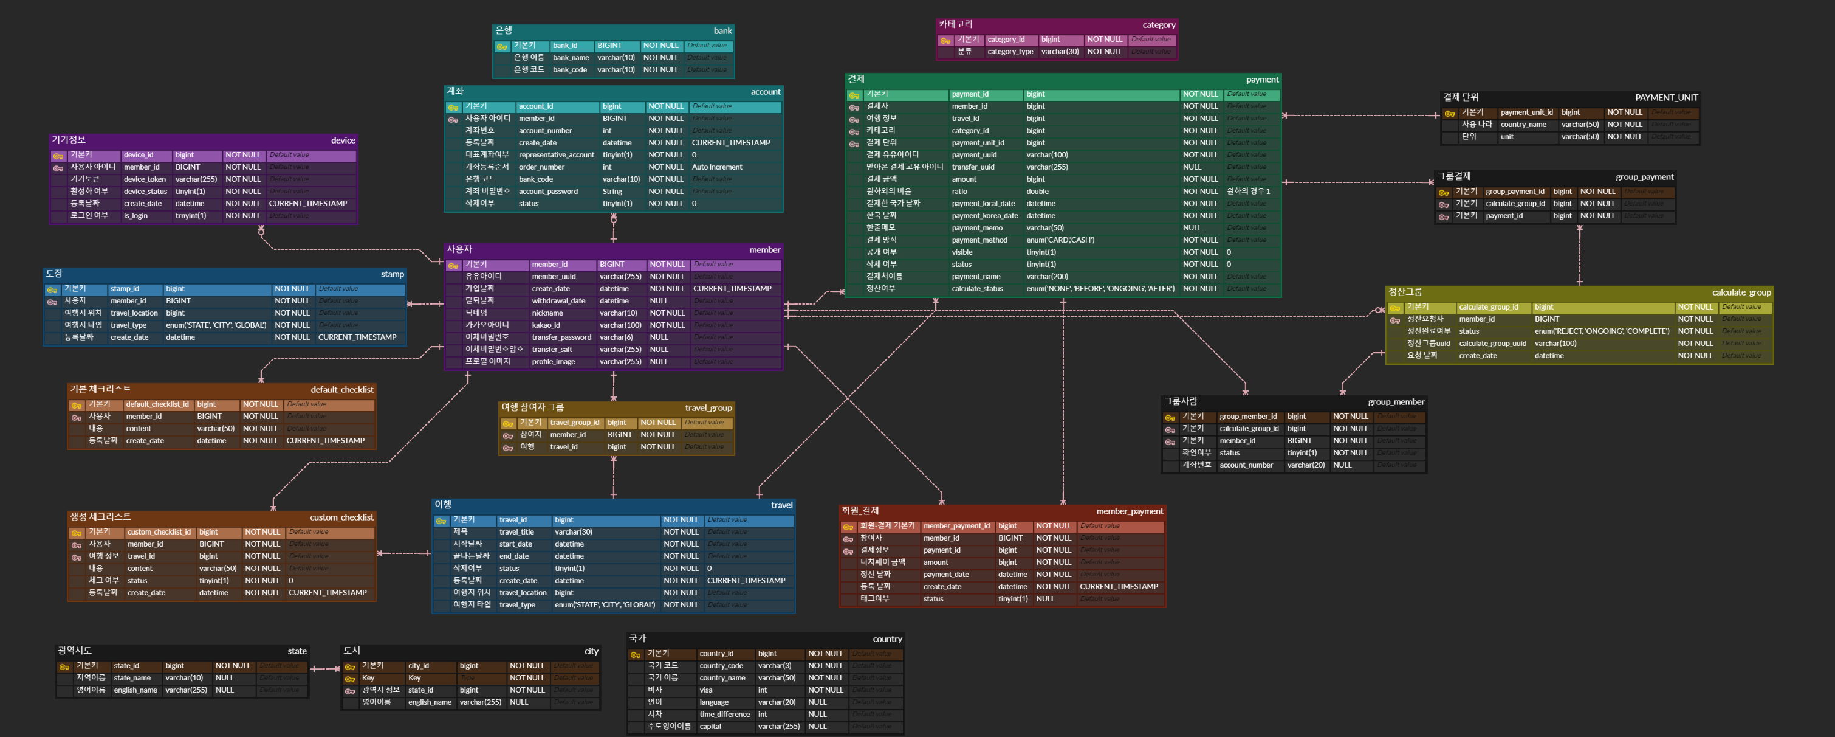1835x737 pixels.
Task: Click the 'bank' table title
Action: (722, 30)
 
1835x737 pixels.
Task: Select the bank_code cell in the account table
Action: (536, 179)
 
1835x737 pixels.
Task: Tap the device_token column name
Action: (145, 179)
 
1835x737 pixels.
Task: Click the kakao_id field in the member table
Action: (546, 325)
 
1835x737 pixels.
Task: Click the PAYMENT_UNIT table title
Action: (1665, 98)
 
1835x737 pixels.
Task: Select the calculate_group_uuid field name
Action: (1492, 344)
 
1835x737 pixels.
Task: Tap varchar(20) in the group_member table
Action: (1306, 465)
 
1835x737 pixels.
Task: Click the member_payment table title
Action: (1129, 511)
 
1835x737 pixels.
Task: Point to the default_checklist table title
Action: (341, 390)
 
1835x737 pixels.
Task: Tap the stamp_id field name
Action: (125, 289)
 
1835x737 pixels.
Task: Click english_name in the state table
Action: (135, 690)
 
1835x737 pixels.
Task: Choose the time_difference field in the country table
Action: (724, 714)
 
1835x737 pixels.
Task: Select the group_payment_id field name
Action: (1514, 192)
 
